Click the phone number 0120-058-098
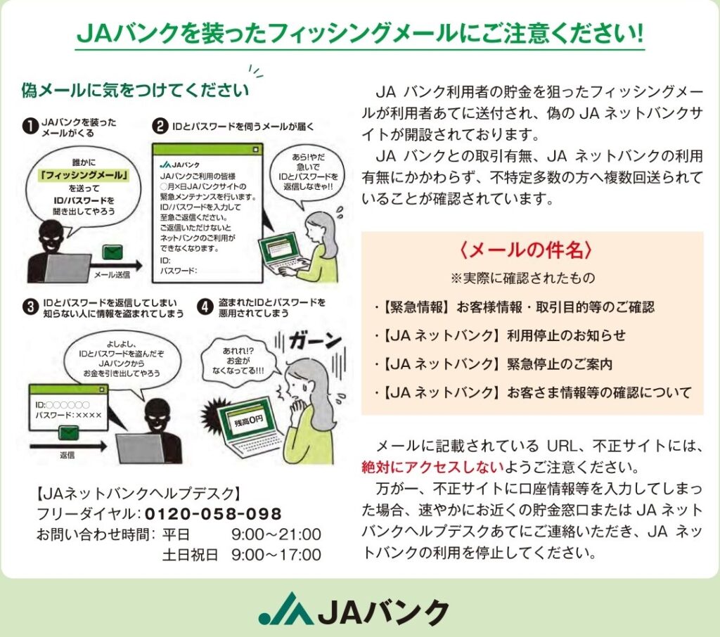coord(213,513)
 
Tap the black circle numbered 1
coord(30,127)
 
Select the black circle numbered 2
coord(160,126)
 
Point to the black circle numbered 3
coord(30,307)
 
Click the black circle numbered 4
coord(205,307)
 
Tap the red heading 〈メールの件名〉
coord(526,250)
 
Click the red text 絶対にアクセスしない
coord(432,467)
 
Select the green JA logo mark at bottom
coord(285,609)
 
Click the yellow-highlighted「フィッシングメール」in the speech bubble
coord(84,176)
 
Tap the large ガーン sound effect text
coord(316,341)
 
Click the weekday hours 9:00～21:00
coord(276,534)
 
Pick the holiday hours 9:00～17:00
coord(276,555)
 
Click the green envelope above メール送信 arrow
coord(112,252)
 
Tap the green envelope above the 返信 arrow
coord(68,432)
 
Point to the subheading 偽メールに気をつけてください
coord(135,90)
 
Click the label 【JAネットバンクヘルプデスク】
coord(139,494)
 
